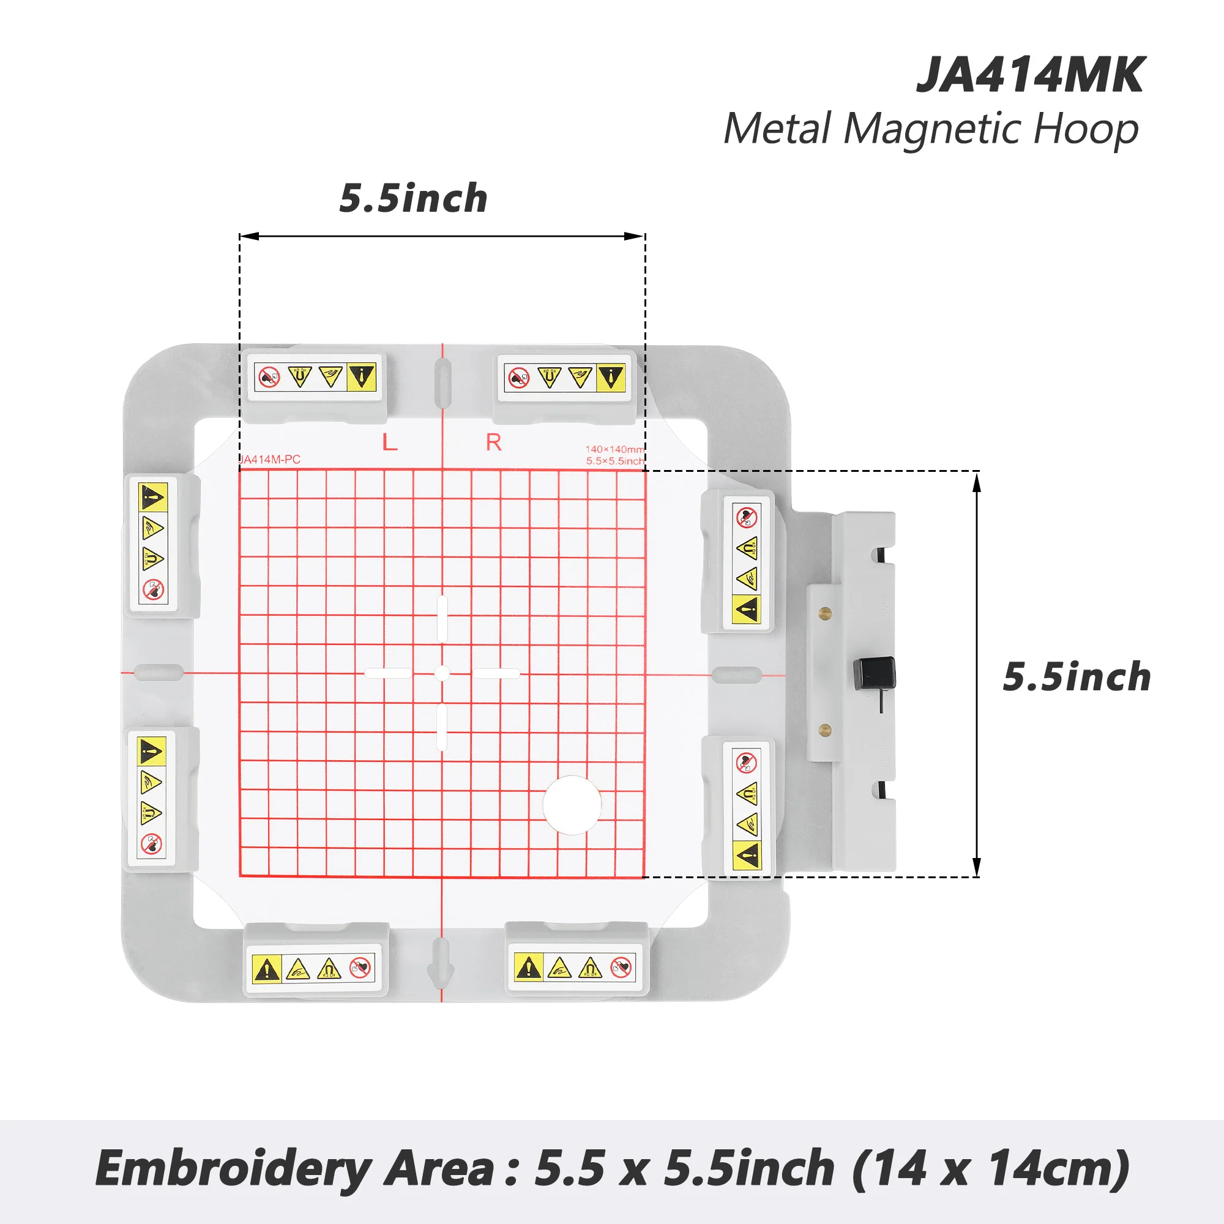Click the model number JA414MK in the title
[1030, 75]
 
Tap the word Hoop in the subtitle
[1085, 129]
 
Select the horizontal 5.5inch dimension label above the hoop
[413, 198]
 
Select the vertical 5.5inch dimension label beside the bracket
[1077, 677]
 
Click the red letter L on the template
[390, 442]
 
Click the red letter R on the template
[493, 442]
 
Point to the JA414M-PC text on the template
[271, 460]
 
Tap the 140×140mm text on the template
[614, 449]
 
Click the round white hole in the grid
[572, 805]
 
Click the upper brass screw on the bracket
[825, 612]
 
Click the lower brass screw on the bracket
[825, 730]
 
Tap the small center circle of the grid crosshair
[442, 673]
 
